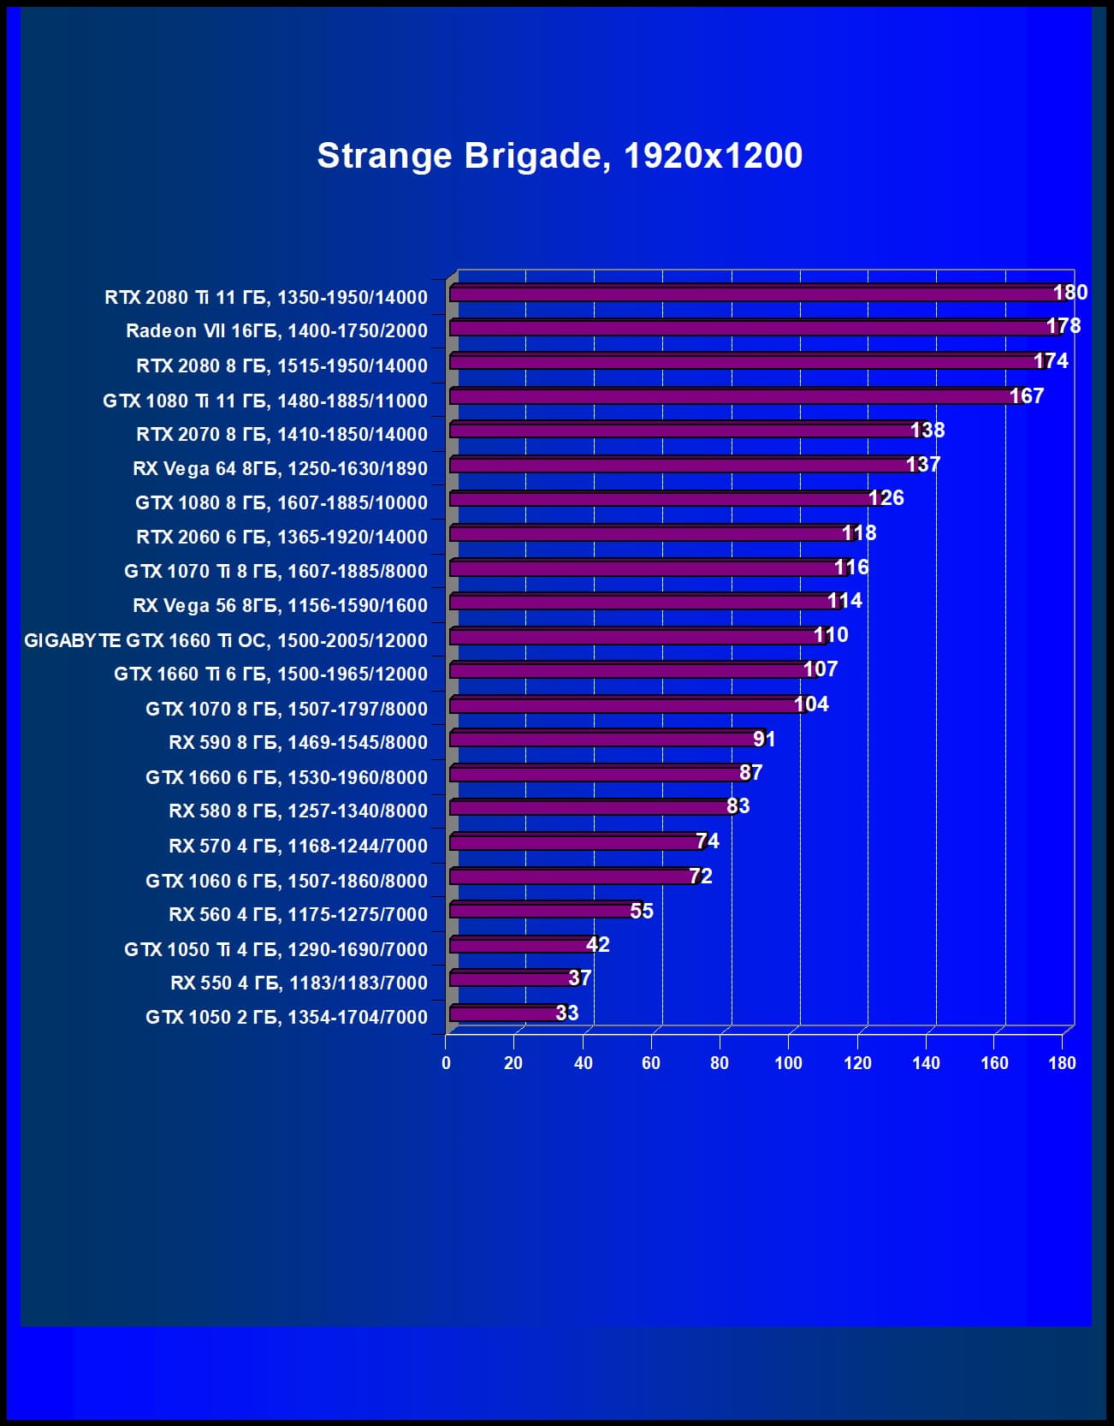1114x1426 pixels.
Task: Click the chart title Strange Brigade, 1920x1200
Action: click(x=560, y=156)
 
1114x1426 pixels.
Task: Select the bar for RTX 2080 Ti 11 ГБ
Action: click(x=753, y=294)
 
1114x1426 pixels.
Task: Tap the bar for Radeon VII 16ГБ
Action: click(x=750, y=328)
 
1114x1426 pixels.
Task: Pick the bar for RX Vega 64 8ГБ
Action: click(x=680, y=465)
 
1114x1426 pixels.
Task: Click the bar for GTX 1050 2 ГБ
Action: click(x=505, y=1013)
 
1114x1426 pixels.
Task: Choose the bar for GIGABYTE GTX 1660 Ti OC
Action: click(x=634, y=636)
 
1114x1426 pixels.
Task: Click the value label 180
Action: click(x=1070, y=293)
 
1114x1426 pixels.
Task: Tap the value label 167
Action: click(x=1026, y=395)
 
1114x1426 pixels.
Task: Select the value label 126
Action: click(x=886, y=498)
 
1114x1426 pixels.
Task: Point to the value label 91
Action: click(x=764, y=739)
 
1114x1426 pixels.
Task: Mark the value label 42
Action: click(x=597, y=944)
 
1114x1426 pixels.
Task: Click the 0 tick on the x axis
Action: click(x=446, y=1063)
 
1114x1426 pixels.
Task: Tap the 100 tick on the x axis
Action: click(x=788, y=1063)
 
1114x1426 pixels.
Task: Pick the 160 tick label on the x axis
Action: click(x=994, y=1063)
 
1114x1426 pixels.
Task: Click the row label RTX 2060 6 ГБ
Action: click(x=281, y=537)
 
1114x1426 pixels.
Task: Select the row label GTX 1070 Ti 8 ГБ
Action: click(x=276, y=571)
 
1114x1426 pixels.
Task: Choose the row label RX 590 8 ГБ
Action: click(x=298, y=742)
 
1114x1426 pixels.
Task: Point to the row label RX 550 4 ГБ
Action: click(x=299, y=983)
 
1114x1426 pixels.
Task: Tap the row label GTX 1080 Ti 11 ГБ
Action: click(x=265, y=401)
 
